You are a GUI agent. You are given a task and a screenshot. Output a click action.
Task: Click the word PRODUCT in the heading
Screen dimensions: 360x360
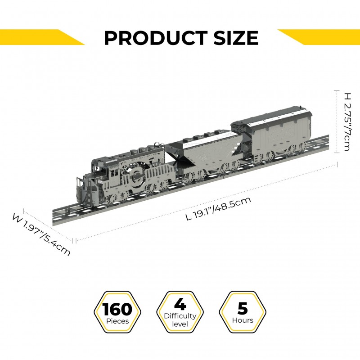[x=156, y=38]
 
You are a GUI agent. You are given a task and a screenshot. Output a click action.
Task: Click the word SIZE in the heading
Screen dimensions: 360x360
[x=236, y=38]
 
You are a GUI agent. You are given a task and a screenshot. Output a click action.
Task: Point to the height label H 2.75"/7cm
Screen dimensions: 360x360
[x=347, y=121]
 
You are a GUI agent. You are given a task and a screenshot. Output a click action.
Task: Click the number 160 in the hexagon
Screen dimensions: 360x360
[x=117, y=309]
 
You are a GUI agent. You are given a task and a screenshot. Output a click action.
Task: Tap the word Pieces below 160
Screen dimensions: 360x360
[x=117, y=321]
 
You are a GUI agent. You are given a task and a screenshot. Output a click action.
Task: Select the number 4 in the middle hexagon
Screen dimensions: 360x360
[x=180, y=304]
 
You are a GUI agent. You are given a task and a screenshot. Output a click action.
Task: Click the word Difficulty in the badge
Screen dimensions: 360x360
[x=180, y=316]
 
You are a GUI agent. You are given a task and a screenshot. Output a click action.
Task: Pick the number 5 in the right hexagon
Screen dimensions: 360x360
[x=243, y=308]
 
